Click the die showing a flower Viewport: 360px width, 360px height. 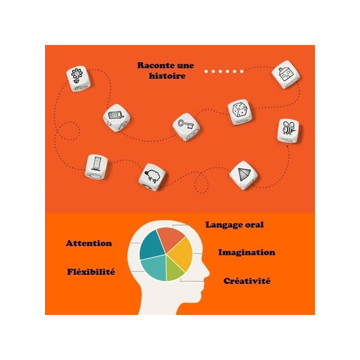click(78, 79)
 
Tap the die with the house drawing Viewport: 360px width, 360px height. click(286, 74)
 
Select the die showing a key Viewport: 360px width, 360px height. click(186, 127)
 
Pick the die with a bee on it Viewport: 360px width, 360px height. click(288, 130)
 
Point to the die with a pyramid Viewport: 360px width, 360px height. click(243, 175)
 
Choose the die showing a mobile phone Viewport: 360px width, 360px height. click(117, 118)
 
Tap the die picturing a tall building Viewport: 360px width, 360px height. click(96, 166)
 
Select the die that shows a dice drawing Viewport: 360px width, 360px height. click(240, 112)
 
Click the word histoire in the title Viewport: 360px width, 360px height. click(167, 76)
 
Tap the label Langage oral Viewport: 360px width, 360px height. click(234, 225)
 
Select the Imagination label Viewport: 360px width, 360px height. click(247, 252)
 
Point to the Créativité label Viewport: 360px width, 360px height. click(247, 281)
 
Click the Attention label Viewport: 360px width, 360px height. click(89, 243)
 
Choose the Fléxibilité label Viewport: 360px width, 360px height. click(91, 272)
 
